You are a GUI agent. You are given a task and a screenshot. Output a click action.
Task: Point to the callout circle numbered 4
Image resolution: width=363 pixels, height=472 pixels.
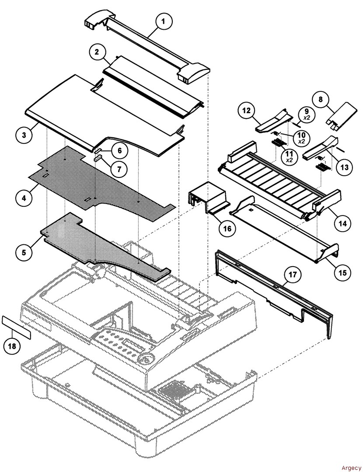click(24, 198)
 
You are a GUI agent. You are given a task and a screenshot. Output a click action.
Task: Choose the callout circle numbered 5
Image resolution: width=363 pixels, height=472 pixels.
click(24, 252)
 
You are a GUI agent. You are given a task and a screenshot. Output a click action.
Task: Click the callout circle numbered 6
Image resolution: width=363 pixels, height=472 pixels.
click(120, 151)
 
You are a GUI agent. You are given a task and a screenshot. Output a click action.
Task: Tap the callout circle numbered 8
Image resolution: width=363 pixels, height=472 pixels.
click(321, 99)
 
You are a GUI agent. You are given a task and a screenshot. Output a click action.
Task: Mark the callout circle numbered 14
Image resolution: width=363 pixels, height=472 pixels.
click(342, 223)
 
